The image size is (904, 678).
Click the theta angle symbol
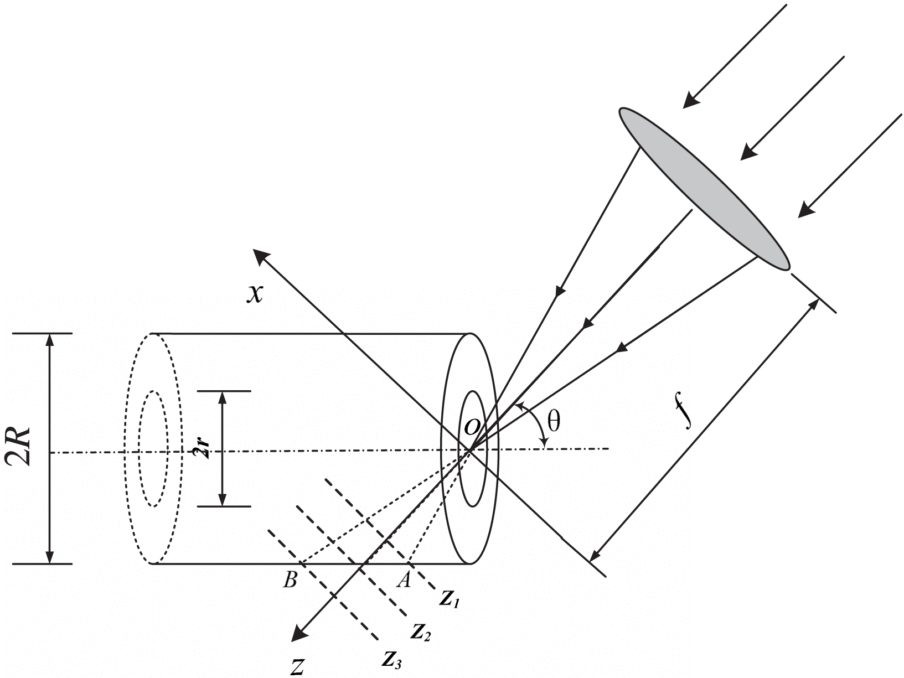click(x=553, y=422)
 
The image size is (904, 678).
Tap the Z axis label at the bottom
click(x=297, y=667)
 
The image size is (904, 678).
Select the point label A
click(x=404, y=580)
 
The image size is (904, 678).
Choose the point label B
click(x=290, y=580)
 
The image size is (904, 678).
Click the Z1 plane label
click(x=451, y=599)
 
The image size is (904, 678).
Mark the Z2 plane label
click(x=421, y=632)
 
